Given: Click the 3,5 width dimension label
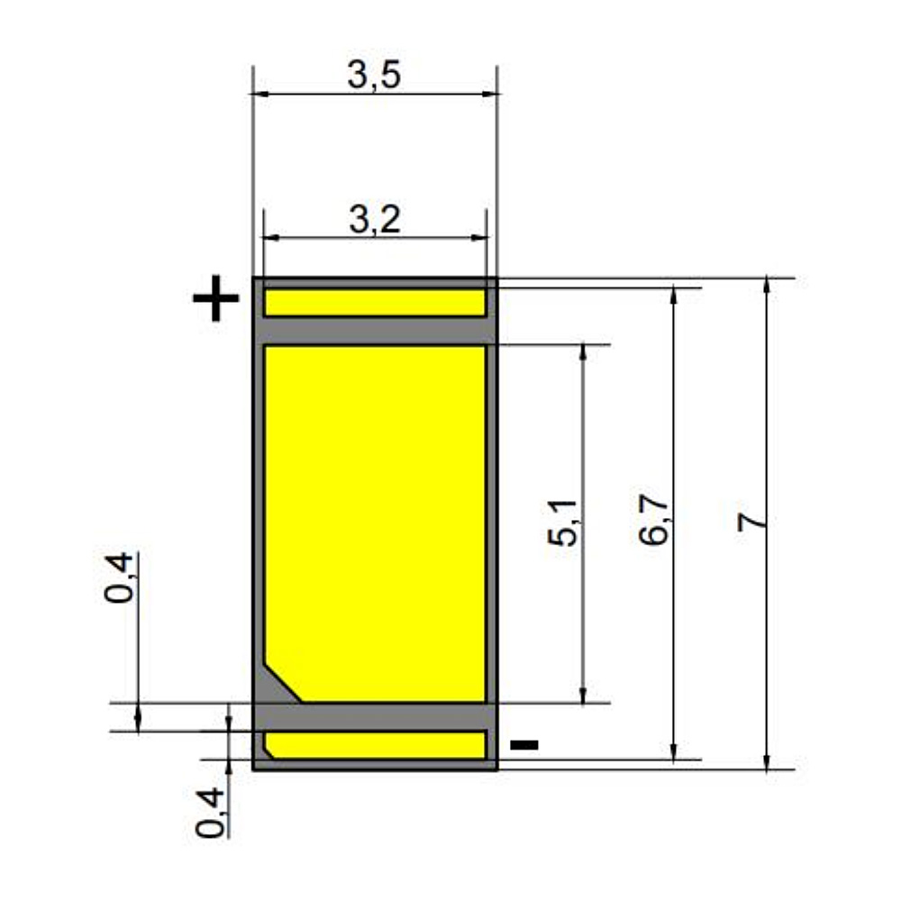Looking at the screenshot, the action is coord(374,75).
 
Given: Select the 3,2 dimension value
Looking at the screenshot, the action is coord(375,220).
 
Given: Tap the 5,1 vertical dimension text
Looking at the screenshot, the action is coord(562,523).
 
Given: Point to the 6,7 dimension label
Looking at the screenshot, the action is coord(654,520).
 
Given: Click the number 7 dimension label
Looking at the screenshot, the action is coord(752,521).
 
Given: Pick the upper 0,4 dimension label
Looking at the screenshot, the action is coord(120,578).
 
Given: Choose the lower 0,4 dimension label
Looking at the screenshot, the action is coord(210,813).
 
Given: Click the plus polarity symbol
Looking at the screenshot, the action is coord(215,297).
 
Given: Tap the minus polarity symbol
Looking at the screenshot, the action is coord(524,745).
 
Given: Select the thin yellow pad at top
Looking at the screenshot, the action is coord(375,302).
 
